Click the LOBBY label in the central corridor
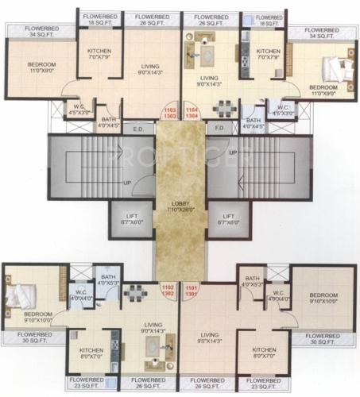point(180,204)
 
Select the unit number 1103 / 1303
point(170,113)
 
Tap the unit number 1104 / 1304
point(191,113)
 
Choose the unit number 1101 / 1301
point(191,291)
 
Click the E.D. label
point(138,127)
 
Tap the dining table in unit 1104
point(226,106)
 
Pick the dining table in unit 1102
point(134,294)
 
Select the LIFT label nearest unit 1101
point(229,218)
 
